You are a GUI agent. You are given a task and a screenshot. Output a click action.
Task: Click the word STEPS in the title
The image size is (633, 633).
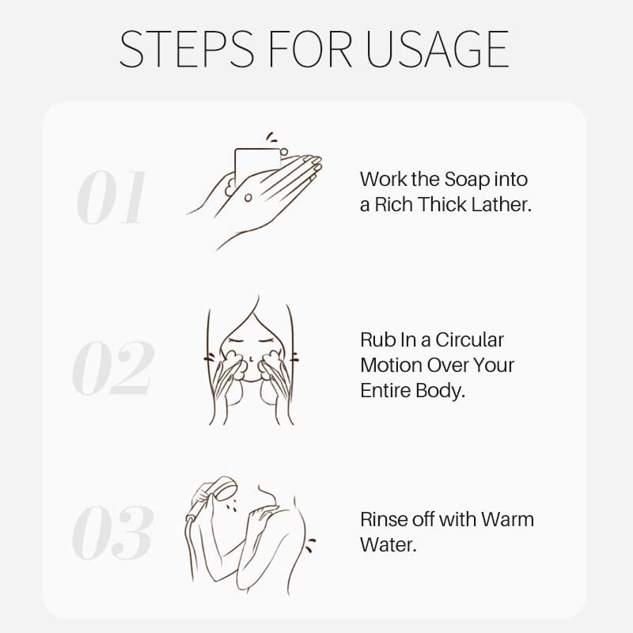(187, 49)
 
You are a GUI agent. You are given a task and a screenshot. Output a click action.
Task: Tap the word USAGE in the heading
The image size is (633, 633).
(438, 49)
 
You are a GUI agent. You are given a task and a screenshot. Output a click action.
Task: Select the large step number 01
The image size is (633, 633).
(112, 197)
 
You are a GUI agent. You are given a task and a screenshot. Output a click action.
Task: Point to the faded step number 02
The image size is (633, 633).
(112, 367)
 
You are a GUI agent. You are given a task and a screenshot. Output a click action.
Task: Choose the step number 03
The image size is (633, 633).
(112, 533)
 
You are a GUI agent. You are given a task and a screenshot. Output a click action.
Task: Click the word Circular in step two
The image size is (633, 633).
(469, 340)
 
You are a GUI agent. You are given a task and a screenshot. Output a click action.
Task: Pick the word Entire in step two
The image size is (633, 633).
(385, 390)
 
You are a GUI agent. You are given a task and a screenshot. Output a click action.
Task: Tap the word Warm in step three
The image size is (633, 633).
(507, 519)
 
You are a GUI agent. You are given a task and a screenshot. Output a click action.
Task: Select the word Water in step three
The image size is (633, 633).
(388, 544)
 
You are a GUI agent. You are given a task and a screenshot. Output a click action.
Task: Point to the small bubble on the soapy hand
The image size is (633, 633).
(248, 197)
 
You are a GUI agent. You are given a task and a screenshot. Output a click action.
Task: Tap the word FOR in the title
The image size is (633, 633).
(309, 49)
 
